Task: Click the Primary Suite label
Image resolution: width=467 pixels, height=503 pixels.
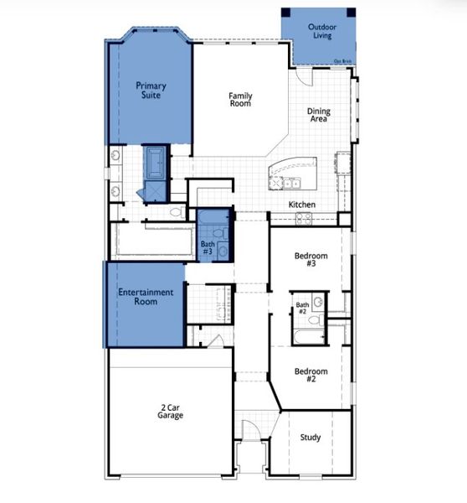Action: [151, 90]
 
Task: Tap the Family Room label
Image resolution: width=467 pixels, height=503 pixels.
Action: [240, 100]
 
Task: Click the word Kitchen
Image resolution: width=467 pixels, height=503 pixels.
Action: [301, 205]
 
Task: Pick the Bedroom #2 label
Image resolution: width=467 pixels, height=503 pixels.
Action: [310, 375]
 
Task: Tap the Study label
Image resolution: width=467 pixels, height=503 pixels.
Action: [310, 438]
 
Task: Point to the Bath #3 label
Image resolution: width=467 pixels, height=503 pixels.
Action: [208, 247]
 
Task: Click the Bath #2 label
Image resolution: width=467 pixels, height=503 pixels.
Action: [302, 308]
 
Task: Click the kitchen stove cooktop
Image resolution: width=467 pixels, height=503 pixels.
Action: [303, 219]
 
